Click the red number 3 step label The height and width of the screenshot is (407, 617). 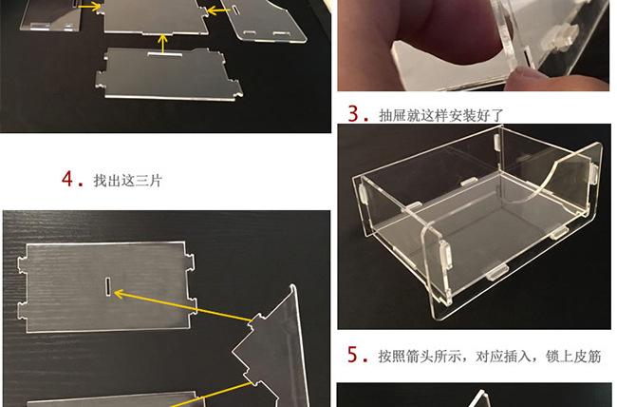(x=353, y=113)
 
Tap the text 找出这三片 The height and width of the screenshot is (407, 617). (x=128, y=181)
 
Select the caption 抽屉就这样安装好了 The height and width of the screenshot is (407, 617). (x=441, y=115)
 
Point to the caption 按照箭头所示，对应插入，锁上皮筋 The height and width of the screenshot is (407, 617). (x=490, y=356)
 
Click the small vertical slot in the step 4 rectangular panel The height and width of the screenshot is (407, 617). (x=108, y=285)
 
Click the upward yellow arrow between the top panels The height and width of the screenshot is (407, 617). (x=163, y=44)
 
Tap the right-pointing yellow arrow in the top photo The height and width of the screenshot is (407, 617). (x=90, y=7)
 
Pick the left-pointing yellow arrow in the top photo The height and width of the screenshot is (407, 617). (x=218, y=10)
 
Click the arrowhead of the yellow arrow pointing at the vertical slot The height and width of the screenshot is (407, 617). (x=120, y=294)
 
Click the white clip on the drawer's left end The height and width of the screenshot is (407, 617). (x=363, y=191)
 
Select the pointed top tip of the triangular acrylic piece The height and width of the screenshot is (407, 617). (x=292, y=286)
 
